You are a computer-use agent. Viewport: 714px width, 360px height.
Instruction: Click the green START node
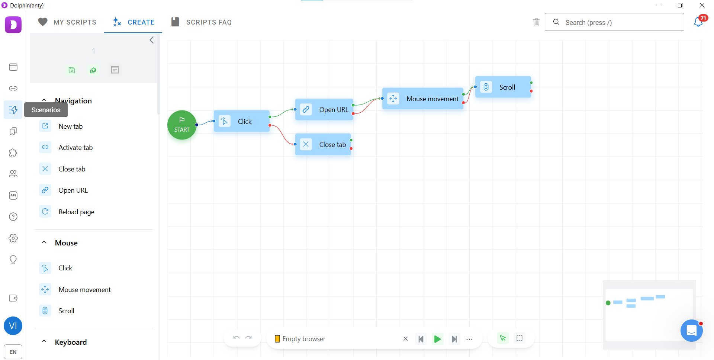coord(182,125)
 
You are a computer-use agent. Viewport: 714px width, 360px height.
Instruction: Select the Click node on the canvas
coord(242,121)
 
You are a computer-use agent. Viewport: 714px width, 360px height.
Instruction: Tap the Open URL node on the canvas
coord(324,109)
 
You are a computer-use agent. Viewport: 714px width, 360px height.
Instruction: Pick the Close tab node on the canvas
coord(323,144)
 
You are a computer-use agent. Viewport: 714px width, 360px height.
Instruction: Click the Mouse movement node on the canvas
coord(423,99)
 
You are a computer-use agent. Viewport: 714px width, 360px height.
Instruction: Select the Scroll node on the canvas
coord(503,87)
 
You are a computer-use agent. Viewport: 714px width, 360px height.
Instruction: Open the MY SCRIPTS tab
coord(67,22)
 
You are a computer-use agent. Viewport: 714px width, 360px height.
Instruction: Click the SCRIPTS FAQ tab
coord(201,22)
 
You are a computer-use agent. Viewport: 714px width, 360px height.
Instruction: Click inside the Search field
coord(614,22)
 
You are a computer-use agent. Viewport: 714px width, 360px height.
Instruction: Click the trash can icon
coord(536,22)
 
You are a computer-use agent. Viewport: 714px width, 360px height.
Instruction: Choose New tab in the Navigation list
coord(71,126)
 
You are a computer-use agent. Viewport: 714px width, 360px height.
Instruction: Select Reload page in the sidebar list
coord(76,212)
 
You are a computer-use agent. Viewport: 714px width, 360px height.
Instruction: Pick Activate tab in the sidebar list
coord(75,148)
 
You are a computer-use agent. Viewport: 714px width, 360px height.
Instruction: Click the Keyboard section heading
coord(71,342)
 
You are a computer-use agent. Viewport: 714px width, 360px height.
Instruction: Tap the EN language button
coord(13,352)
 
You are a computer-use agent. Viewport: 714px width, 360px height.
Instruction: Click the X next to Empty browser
coord(406,339)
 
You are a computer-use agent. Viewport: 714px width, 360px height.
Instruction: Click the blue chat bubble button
coord(692,330)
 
